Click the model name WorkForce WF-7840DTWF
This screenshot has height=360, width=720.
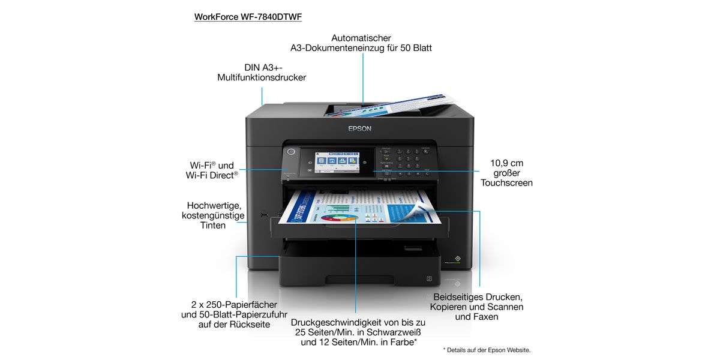[248, 17]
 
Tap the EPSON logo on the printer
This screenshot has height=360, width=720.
[360, 128]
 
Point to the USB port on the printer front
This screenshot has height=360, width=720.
[263, 213]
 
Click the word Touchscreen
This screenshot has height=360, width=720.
[506, 182]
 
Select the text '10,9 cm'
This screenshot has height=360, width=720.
[506, 163]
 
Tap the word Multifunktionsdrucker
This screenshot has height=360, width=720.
[262, 77]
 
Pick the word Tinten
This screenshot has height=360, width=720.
[213, 226]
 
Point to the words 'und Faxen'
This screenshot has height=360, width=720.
[476, 316]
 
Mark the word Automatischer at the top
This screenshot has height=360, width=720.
[361, 38]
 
